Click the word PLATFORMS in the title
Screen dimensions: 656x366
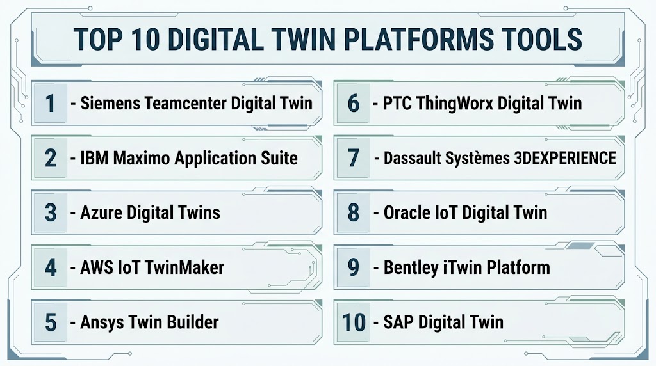pos(418,40)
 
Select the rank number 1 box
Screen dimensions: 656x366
pos(51,103)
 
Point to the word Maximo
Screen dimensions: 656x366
pos(142,158)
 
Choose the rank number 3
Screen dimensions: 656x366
pos(51,212)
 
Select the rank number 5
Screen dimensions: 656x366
pos(51,322)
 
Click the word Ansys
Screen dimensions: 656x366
pos(102,322)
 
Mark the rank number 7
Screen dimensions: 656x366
pos(354,158)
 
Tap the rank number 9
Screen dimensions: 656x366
pos(354,267)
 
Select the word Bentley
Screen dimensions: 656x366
pos(411,268)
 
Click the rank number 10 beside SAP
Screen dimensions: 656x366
pos(354,322)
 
